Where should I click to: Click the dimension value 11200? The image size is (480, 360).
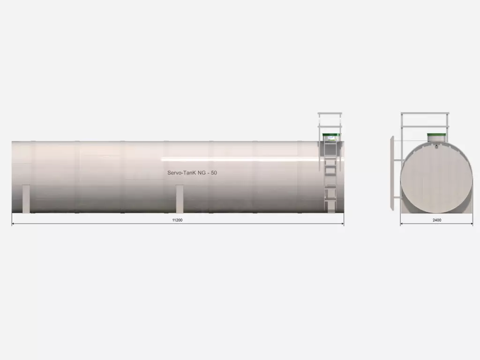coord(177,220)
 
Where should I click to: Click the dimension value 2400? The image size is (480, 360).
coord(437,220)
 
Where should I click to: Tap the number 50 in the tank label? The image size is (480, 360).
coord(214,173)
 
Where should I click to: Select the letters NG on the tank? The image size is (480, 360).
coord(202,173)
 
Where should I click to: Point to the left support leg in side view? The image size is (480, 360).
coord(26,199)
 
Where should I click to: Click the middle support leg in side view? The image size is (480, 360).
coord(180,199)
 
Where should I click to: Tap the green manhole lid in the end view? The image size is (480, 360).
coord(436,135)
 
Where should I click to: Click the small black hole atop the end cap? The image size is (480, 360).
coord(436,146)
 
